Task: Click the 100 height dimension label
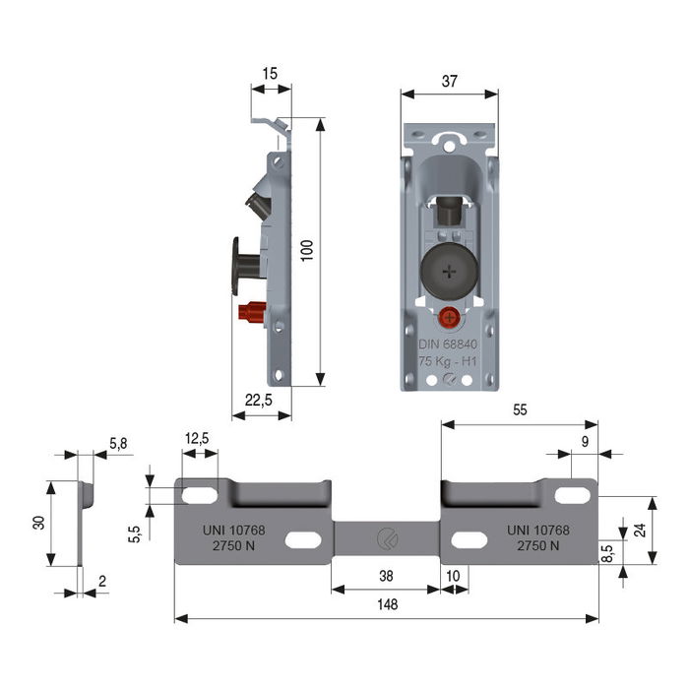pos(307,252)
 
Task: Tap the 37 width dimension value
pos(449,83)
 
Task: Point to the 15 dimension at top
pos(271,74)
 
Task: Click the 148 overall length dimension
pos(387,605)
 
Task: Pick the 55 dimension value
pos(519,411)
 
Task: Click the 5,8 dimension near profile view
pos(118,444)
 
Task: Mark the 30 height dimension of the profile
pos(38,523)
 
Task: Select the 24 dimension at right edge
pos(640,530)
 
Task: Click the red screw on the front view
pos(448,319)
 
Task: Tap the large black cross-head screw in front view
pos(448,271)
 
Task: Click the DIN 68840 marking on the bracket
pos(448,344)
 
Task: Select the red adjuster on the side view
pos(252,313)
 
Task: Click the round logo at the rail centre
pos(385,537)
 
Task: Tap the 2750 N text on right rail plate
pos(538,546)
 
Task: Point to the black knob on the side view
pos(243,264)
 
